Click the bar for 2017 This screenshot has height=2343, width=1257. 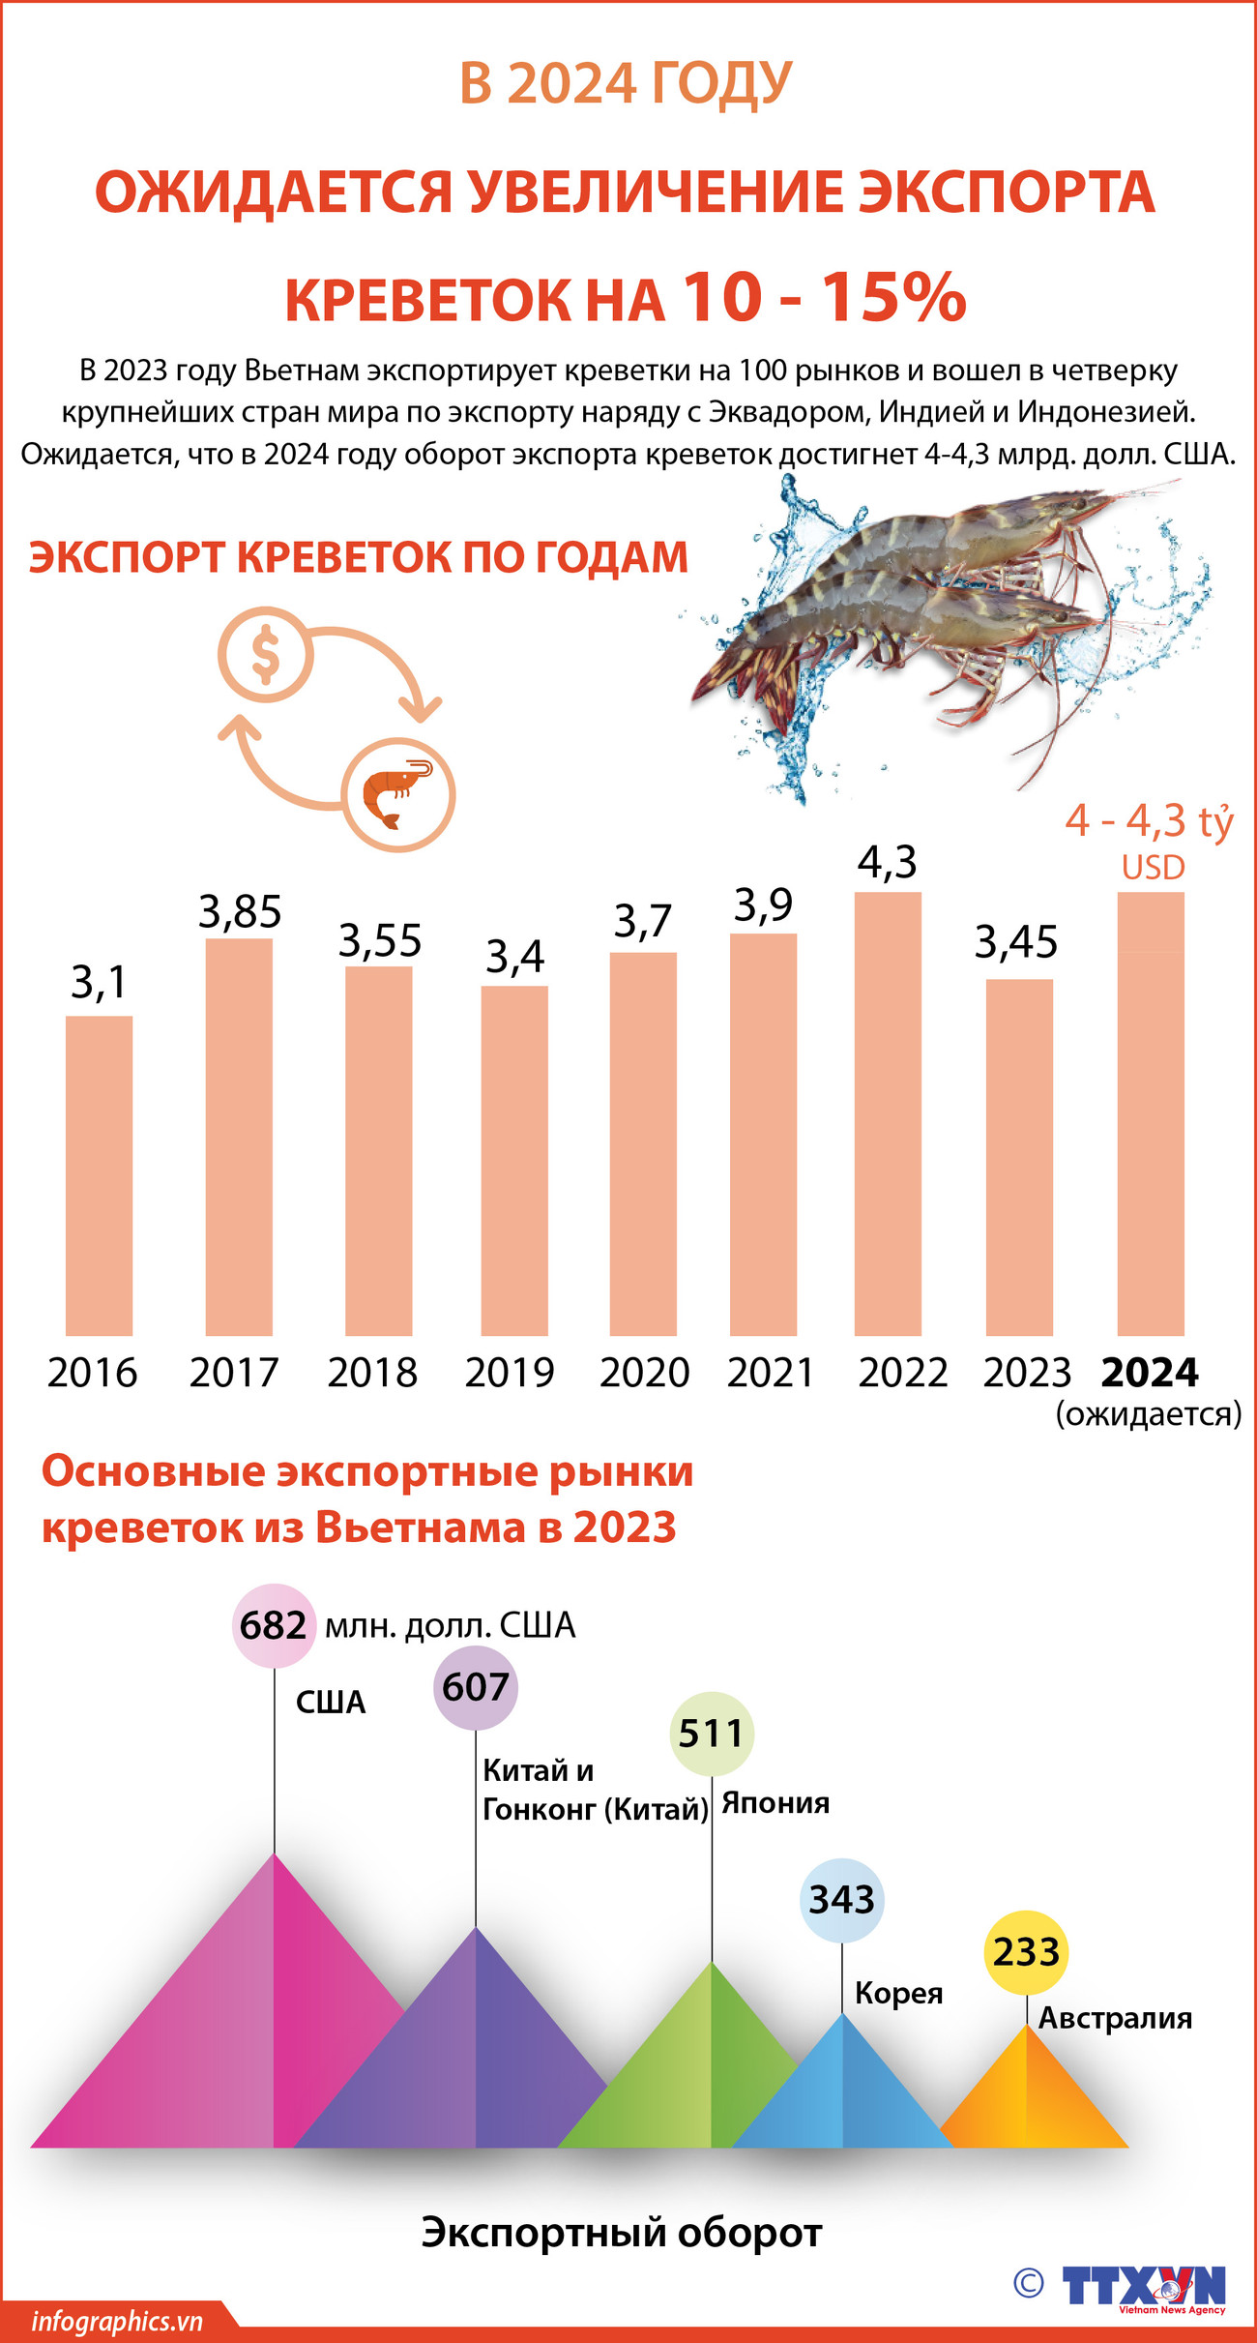pos(239,1137)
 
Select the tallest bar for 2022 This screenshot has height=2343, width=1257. pos(888,1112)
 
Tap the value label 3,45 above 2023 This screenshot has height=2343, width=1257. pos(1015,941)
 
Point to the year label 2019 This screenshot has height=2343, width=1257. pos(510,1373)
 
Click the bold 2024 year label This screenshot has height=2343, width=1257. pos(1150,1373)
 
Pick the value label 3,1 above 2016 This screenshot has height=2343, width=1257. pos(99,983)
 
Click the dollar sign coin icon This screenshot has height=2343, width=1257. pos(266,655)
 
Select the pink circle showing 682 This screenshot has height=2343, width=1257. pos(274,1625)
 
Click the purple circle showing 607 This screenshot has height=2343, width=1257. pos(476,1687)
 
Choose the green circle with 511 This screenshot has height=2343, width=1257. pos(712,1734)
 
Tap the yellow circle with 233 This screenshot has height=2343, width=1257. pos(1026,1952)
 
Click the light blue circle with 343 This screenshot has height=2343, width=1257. pos(842,1900)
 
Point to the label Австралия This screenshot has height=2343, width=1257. pos(1115,2019)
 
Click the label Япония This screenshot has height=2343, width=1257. pos(775,1803)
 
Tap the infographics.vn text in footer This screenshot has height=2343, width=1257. pos(117,2322)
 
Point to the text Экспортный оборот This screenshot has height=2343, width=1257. pos(621,2233)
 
